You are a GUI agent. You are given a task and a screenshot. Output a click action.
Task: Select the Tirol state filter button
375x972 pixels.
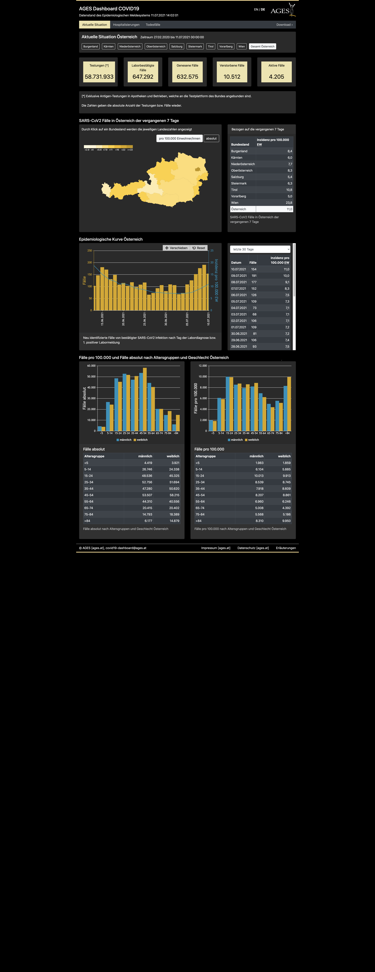coord(211,46)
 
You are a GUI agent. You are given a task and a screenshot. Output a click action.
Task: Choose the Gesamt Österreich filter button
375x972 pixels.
coord(262,46)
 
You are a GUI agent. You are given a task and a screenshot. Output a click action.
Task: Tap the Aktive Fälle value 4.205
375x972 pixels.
coord(276,77)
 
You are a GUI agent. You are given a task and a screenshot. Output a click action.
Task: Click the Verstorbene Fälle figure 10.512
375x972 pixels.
coord(232,77)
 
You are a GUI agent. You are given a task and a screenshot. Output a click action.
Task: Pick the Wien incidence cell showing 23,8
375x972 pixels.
coord(289,203)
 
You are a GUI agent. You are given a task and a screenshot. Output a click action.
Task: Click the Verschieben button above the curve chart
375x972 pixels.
coord(176,248)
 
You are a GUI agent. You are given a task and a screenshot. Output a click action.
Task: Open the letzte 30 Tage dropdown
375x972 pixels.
coord(260,249)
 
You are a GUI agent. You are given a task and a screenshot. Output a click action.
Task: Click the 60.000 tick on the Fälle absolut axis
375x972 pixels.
coord(91,366)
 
